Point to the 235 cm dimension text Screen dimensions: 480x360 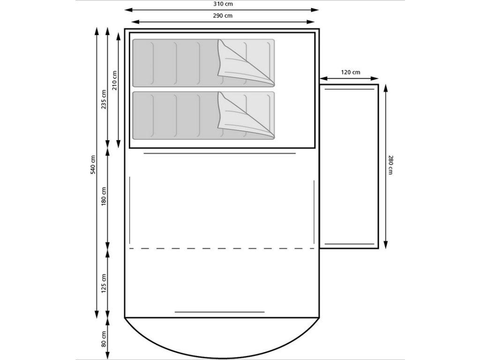[104, 99]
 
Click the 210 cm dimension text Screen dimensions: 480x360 [115, 80]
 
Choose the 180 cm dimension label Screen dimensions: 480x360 [104, 196]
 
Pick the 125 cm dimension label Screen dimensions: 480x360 [104, 283]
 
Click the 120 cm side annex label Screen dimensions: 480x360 [351, 72]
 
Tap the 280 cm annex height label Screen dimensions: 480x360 [390, 165]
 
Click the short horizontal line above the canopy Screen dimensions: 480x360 [219, 312]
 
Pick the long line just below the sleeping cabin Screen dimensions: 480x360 [219, 153]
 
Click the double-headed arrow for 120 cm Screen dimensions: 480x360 [349, 78]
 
